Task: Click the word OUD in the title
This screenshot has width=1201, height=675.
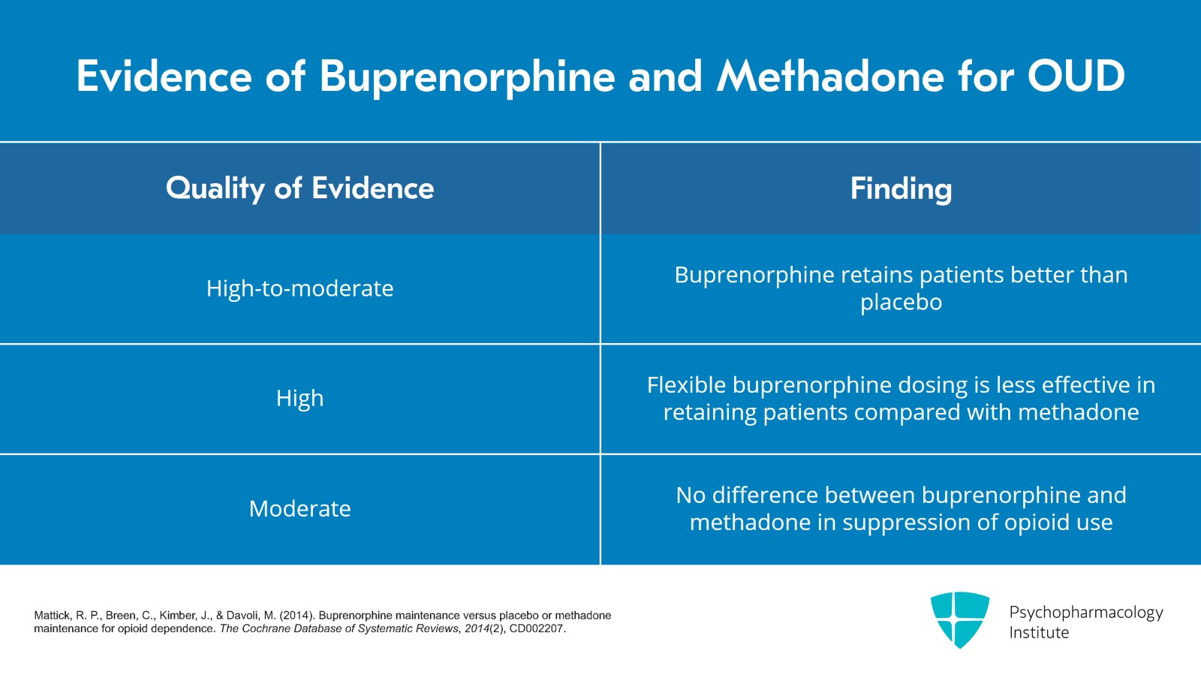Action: click(x=1076, y=77)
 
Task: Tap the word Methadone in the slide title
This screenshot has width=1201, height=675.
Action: click(x=829, y=77)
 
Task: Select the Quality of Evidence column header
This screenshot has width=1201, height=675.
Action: click(x=299, y=188)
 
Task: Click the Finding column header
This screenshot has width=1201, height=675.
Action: click(x=901, y=188)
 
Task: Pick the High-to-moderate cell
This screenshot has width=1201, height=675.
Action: click(x=299, y=288)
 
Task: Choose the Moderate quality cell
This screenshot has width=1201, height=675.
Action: click(x=299, y=509)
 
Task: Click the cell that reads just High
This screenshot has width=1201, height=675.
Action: click(x=299, y=398)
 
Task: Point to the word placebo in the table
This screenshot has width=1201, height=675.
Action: click(x=901, y=303)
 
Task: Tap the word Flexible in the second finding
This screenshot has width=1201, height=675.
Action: click(x=686, y=385)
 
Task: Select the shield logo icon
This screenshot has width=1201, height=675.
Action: click(x=959, y=619)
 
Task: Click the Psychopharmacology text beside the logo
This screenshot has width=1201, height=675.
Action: click(x=1085, y=613)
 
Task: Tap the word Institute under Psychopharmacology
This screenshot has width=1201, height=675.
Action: click(x=1039, y=633)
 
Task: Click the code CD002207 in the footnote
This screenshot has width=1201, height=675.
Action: click(x=537, y=629)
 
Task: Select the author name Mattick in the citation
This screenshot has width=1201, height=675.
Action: click(x=53, y=616)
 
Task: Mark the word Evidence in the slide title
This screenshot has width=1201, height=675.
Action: click(x=164, y=77)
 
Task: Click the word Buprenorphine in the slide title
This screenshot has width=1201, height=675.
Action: click(x=467, y=77)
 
